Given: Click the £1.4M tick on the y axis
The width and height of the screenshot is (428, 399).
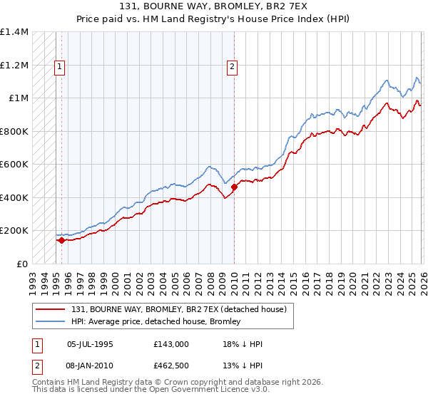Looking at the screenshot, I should tap(14, 32).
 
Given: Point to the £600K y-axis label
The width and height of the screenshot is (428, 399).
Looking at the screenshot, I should tap(14, 164).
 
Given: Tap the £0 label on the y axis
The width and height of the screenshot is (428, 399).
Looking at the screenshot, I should tap(21, 264).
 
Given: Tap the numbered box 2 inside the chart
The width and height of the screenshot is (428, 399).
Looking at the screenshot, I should tap(233, 67).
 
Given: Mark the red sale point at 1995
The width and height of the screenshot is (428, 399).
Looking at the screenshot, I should tap(61, 240).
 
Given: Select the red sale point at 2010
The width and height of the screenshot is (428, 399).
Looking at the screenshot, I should tap(234, 187).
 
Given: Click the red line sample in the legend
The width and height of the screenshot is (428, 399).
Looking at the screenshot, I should tap(51, 309).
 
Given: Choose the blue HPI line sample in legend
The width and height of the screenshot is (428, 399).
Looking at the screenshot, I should tap(51, 321).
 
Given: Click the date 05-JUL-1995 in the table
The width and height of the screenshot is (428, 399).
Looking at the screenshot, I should tap(89, 344).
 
